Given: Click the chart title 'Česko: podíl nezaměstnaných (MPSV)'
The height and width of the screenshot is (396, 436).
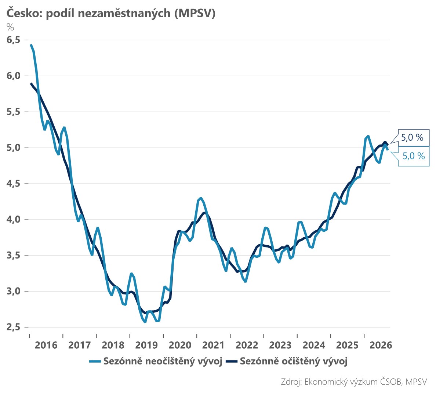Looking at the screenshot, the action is (111, 13).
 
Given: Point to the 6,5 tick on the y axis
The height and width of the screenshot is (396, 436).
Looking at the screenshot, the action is (14, 40).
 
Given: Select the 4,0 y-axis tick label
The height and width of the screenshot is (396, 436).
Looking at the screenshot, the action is (14, 220).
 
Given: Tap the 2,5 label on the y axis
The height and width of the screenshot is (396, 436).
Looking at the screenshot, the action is (14, 327).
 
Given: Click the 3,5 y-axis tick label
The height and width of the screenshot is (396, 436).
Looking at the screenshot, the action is (14, 256).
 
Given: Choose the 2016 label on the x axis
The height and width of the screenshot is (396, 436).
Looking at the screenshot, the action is (46, 345).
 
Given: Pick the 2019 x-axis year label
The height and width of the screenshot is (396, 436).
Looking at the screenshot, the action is (146, 345).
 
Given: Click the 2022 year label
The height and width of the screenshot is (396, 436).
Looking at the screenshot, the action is (247, 345).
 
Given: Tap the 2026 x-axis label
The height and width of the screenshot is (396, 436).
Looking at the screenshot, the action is (381, 345).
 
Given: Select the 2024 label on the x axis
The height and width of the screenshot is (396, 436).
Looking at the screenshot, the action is (314, 345).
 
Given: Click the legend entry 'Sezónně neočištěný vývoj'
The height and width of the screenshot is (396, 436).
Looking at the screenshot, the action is (156, 361).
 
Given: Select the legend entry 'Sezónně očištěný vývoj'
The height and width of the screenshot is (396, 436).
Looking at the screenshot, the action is (286, 361).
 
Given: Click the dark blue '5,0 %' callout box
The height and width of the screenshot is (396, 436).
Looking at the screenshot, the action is (414, 137).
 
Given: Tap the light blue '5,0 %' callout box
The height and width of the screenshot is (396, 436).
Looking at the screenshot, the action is (414, 156).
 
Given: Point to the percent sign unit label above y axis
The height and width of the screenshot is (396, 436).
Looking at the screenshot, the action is (10, 27).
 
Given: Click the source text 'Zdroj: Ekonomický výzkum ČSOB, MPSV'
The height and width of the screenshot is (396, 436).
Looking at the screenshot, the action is (354, 382).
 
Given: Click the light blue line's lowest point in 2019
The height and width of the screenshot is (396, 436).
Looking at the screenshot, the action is (145, 322).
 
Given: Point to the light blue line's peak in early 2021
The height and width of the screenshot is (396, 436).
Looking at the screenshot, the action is (200, 198).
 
